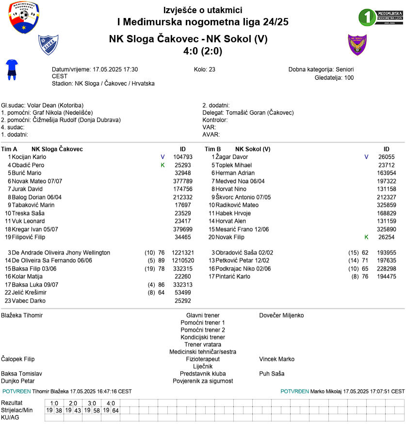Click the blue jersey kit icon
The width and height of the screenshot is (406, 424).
[x=12, y=69]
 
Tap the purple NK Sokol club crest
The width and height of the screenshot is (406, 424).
[x=357, y=45]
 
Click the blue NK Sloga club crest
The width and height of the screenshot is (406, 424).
[x=49, y=45]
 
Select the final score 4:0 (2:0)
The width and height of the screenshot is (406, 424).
[x=203, y=51]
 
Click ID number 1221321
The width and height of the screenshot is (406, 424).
[x=183, y=253]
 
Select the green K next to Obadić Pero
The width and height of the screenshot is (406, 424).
[x=163, y=165]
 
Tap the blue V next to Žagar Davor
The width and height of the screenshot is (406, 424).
[x=366, y=157]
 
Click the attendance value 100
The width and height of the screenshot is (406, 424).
[x=349, y=77]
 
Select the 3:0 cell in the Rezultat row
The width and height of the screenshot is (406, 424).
[x=92, y=403]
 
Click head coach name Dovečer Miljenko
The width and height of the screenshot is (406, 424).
[x=281, y=315]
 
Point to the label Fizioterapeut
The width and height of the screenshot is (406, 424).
[x=203, y=359]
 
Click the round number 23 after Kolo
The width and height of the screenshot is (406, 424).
[x=212, y=69]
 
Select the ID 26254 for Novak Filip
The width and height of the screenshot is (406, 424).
[x=387, y=237]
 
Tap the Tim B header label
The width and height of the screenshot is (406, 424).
[x=213, y=149]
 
